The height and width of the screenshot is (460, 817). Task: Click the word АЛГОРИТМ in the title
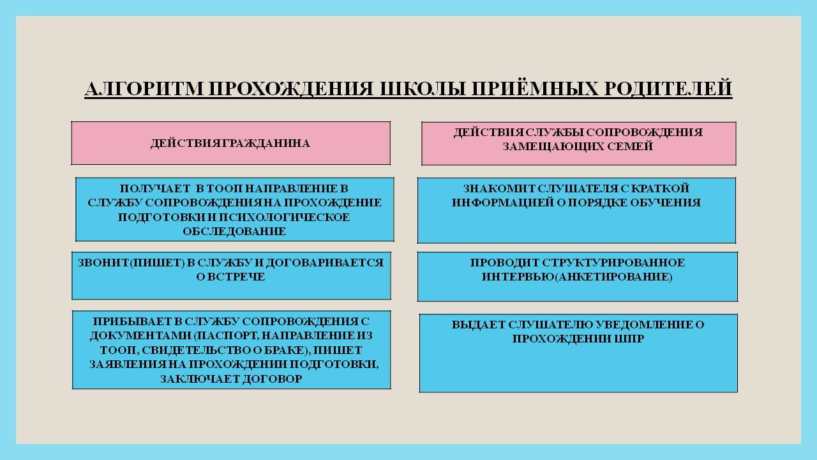pyautogui.click(x=144, y=89)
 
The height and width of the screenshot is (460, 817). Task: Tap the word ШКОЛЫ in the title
pyautogui.click(x=423, y=89)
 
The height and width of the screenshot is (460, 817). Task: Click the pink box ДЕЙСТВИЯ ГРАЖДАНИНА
pyautogui.click(x=231, y=143)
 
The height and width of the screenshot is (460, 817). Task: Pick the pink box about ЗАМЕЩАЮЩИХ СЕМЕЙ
pyautogui.click(x=578, y=144)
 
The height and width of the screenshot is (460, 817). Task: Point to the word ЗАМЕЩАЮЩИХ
pyautogui.click(x=552, y=147)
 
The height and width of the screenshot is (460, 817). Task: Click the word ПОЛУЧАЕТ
pyautogui.click(x=155, y=188)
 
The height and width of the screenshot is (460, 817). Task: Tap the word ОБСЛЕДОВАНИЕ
pyautogui.click(x=234, y=231)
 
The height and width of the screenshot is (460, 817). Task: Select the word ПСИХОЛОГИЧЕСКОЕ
pyautogui.click(x=285, y=217)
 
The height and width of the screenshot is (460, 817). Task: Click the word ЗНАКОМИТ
pyautogui.click(x=499, y=188)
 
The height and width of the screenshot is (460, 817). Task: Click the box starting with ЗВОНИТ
pyautogui.click(x=231, y=275)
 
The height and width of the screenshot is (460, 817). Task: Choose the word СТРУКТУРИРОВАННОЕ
pyautogui.click(x=613, y=263)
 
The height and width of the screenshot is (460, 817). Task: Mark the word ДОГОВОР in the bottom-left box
pyautogui.click(x=272, y=379)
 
